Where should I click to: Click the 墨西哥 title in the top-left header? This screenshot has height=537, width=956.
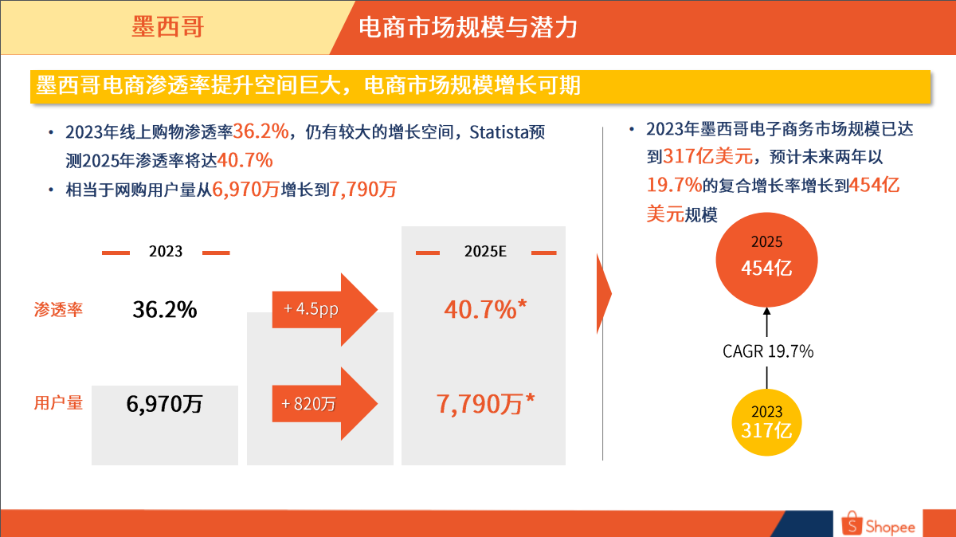pyautogui.click(x=168, y=27)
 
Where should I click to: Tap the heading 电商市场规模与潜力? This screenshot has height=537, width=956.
pyautogui.click(x=468, y=27)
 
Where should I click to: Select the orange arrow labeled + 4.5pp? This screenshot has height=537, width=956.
pyautogui.click(x=325, y=309)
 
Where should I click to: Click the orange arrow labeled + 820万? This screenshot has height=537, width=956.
pyautogui.click(x=325, y=403)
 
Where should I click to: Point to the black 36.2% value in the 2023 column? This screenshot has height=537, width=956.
pyautogui.click(x=165, y=309)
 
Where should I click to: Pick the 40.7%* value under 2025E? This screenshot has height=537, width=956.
pyautogui.click(x=486, y=309)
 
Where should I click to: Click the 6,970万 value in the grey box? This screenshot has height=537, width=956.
pyautogui.click(x=164, y=403)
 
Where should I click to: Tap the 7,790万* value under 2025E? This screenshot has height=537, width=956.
pyautogui.click(x=485, y=403)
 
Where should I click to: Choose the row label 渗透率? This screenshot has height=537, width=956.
pyautogui.click(x=58, y=309)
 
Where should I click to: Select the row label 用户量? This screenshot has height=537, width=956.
pyautogui.click(x=58, y=402)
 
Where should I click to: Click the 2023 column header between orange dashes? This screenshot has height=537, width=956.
pyautogui.click(x=166, y=252)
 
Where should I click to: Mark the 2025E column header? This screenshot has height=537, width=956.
pyautogui.click(x=485, y=252)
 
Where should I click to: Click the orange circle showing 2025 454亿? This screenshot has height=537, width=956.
pyautogui.click(x=766, y=260)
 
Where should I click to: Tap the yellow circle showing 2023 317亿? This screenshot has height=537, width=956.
pyautogui.click(x=766, y=422)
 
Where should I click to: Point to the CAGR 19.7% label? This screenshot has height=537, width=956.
pyautogui.click(x=768, y=351)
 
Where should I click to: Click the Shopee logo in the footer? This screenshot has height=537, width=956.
pyautogui.click(x=878, y=523)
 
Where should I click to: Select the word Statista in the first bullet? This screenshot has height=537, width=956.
pyautogui.click(x=499, y=132)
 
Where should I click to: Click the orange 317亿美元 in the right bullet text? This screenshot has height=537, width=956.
pyautogui.click(x=708, y=156)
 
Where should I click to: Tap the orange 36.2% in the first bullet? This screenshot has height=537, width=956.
pyautogui.click(x=261, y=131)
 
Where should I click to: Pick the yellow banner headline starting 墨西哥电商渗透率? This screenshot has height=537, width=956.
pyautogui.click(x=308, y=85)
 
